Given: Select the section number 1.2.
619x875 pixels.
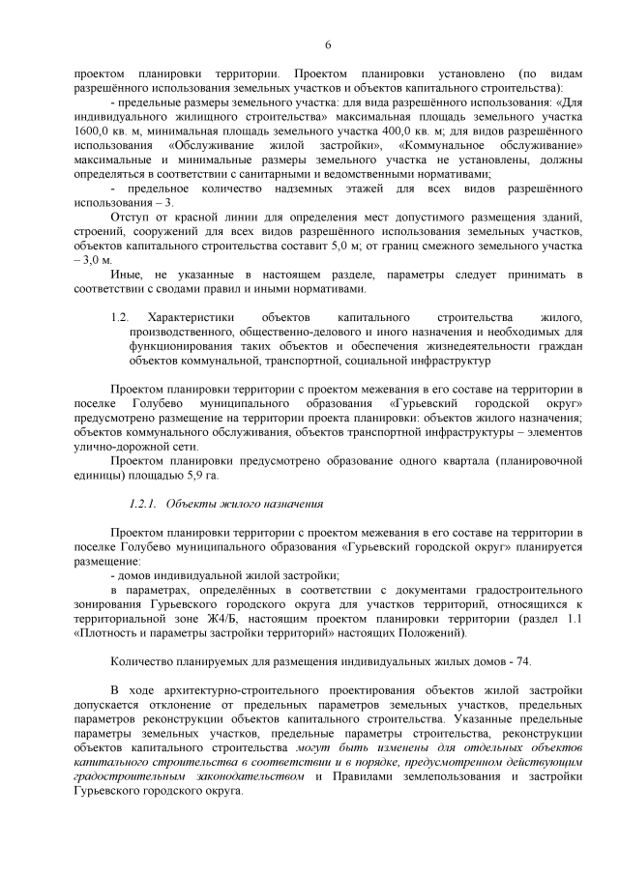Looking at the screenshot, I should click(120, 317).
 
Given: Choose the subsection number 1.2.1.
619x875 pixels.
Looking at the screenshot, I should click(142, 504).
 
